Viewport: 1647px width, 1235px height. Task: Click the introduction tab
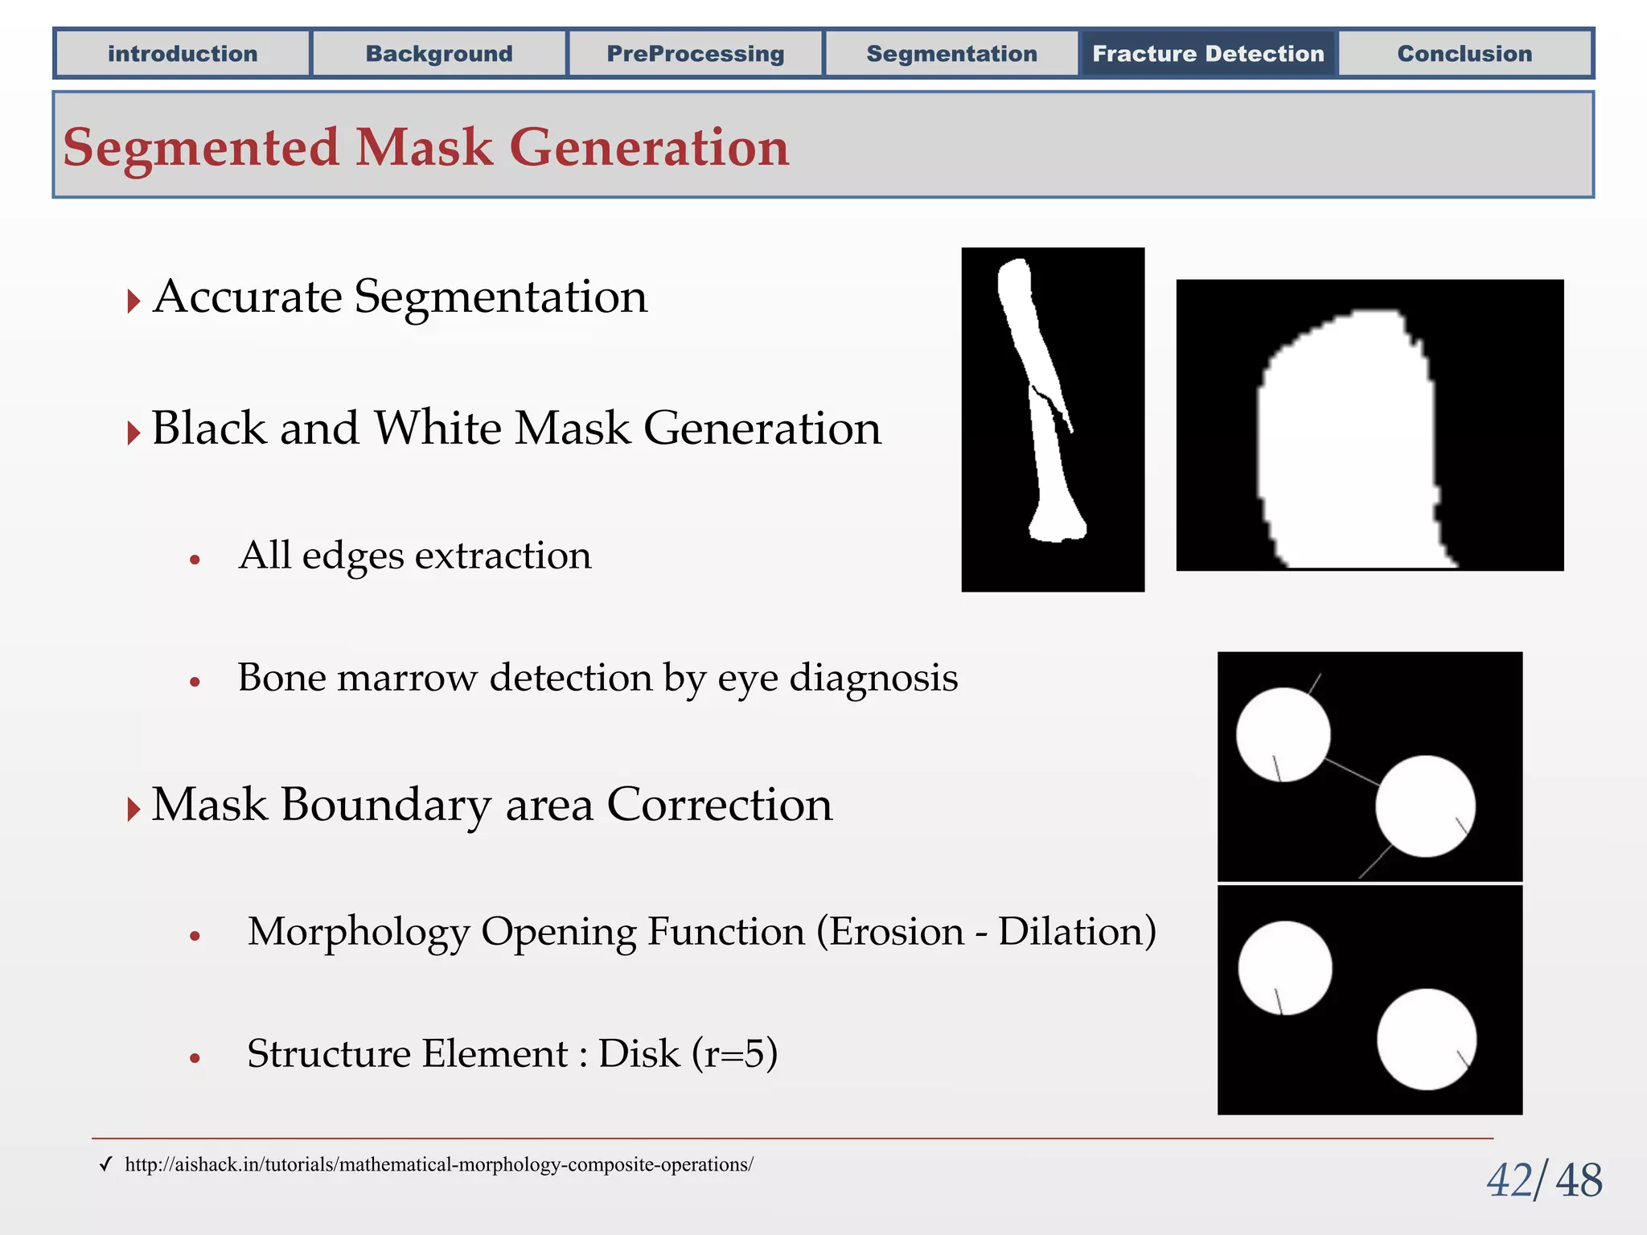click(183, 54)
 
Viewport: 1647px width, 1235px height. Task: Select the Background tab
click(439, 54)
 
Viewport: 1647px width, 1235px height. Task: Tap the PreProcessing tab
click(696, 54)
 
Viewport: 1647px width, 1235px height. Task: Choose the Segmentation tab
click(951, 54)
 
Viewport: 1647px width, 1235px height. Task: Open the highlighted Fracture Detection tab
click(1208, 54)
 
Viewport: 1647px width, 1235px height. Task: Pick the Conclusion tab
click(1464, 54)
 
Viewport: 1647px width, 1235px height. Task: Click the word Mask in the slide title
click(424, 148)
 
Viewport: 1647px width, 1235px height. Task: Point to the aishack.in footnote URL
click(438, 1164)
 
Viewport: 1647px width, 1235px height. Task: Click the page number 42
click(1509, 1181)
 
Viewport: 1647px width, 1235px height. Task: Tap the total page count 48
click(1579, 1181)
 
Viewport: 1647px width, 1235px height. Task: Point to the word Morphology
click(358, 932)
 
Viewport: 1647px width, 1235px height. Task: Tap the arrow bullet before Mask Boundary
click(133, 808)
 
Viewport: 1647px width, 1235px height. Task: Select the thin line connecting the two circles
click(1353, 772)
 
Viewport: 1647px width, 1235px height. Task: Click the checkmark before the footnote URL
click(105, 1164)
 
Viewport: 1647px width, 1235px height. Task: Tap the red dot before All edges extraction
click(195, 560)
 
